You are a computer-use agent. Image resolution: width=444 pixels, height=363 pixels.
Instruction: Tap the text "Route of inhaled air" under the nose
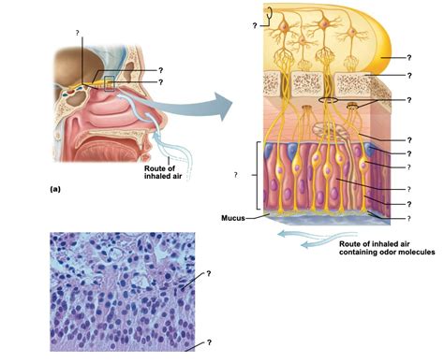pos(162,173)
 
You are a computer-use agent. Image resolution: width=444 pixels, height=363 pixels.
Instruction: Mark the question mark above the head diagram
pos(78,34)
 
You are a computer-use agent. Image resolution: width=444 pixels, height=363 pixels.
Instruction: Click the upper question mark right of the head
pos(161,70)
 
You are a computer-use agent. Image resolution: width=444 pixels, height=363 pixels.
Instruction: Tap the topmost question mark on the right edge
pos(409,56)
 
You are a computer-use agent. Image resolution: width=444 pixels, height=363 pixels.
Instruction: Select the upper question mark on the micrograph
pos(209,274)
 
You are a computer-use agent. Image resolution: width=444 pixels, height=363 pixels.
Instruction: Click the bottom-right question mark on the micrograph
pos(209,343)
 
